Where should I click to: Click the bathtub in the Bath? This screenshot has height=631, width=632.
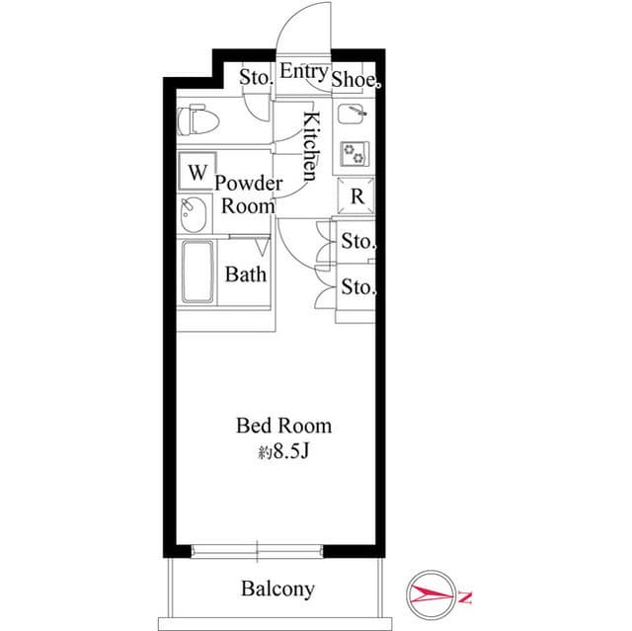point(197,273)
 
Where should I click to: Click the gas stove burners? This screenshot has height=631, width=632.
point(354,154)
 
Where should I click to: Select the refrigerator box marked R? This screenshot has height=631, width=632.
point(357,195)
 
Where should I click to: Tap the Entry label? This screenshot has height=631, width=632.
point(303,71)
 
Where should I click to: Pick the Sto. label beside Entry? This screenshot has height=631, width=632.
point(256,75)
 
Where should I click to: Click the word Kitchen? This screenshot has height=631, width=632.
point(310,146)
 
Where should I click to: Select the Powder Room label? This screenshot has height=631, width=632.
point(248,195)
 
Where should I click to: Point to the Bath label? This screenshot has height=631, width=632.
point(246,274)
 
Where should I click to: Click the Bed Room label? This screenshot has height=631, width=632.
point(283,427)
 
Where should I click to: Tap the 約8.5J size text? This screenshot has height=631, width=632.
point(283,453)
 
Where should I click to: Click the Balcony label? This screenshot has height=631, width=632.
point(277,590)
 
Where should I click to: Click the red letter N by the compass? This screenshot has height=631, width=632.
point(465,596)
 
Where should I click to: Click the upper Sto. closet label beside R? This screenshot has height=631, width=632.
point(358,241)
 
